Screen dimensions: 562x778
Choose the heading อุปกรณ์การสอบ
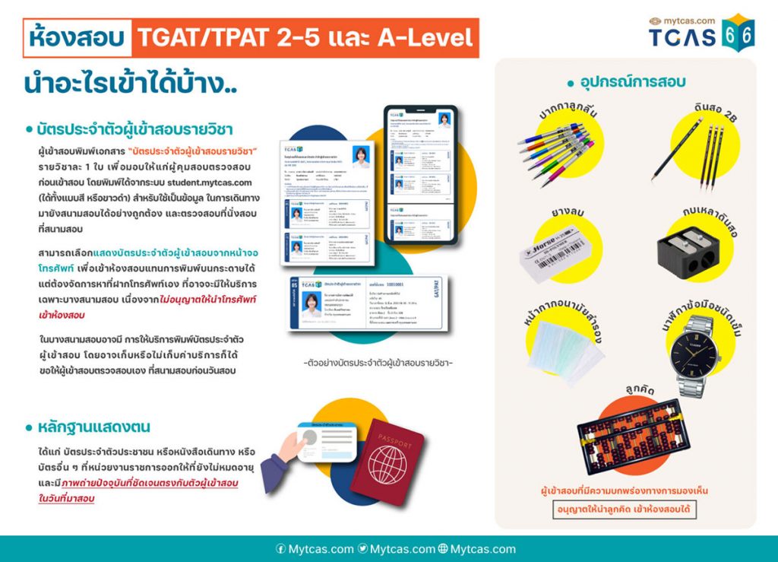[627, 81]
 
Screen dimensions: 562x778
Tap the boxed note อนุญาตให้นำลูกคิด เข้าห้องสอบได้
[625, 508]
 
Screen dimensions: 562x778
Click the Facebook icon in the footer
[280, 548]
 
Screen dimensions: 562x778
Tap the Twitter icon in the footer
[362, 548]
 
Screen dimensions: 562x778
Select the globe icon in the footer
[443, 548]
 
